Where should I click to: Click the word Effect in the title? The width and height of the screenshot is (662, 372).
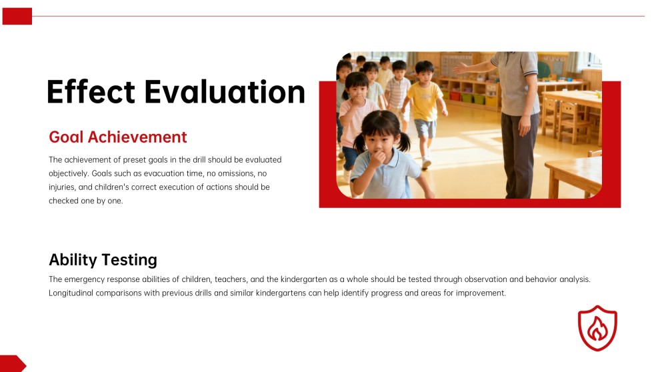point(91,91)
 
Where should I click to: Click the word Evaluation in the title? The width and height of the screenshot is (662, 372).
point(225,91)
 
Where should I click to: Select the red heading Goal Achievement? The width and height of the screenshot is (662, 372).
point(118,137)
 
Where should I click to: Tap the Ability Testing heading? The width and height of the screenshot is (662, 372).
point(103,259)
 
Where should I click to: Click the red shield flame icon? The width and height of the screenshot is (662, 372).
point(597,328)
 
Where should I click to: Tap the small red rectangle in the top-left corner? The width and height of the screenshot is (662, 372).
point(17,16)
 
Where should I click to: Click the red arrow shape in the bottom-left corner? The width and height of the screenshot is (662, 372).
point(12,363)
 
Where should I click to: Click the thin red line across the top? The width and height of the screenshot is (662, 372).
point(333,16)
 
